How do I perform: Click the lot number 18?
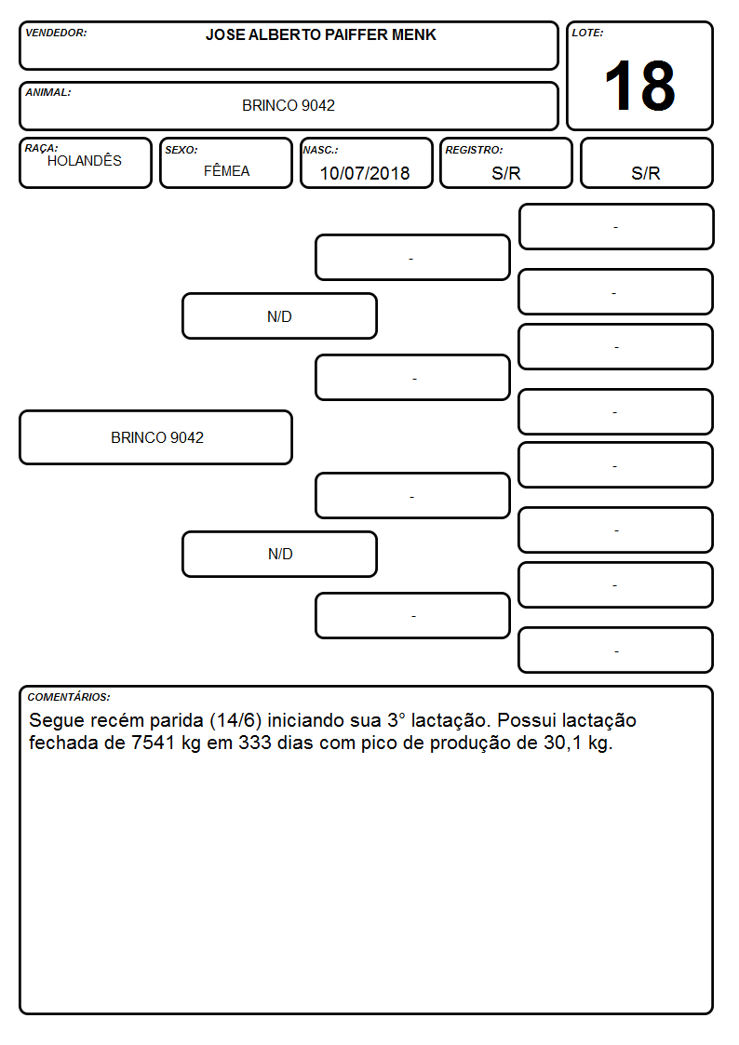click(639, 86)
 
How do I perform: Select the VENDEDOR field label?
click(56, 33)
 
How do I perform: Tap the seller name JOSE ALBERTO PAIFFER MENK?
click(320, 34)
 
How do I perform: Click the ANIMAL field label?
click(48, 92)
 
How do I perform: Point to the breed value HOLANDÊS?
click(85, 160)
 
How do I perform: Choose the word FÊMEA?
click(226, 170)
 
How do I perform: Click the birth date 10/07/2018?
click(365, 173)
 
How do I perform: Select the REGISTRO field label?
click(474, 150)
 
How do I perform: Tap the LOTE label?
click(587, 33)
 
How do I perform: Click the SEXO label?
click(181, 150)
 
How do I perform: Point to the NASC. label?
click(320, 150)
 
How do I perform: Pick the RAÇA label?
click(41, 148)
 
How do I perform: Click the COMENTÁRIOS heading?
click(69, 697)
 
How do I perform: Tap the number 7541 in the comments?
click(154, 743)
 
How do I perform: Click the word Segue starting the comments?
click(57, 721)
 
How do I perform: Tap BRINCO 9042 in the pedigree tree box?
click(157, 437)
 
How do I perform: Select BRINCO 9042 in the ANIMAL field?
click(289, 105)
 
